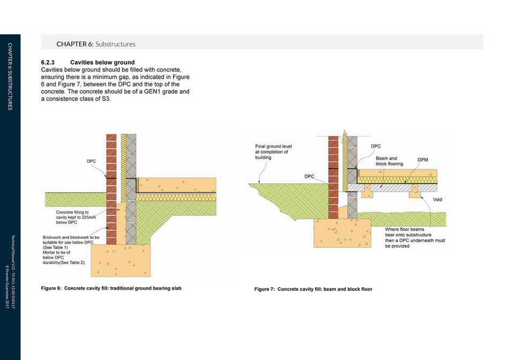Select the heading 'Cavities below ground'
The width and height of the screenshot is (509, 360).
pyautogui.click(x=102, y=63)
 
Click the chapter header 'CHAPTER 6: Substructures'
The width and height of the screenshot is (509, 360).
pyautogui.click(x=96, y=43)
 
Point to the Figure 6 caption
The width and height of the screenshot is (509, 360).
pyautogui.click(x=111, y=288)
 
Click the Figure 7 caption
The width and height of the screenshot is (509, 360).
pyautogui.click(x=313, y=289)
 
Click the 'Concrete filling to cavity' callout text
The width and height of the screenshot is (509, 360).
pyautogui.click(x=73, y=217)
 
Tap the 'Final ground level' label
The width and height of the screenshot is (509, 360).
pyautogui.click(x=273, y=152)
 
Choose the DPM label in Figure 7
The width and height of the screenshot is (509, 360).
pyautogui.click(x=423, y=160)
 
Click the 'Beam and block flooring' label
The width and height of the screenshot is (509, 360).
pyautogui.click(x=386, y=161)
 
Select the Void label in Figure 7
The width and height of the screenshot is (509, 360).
pyautogui.click(x=438, y=199)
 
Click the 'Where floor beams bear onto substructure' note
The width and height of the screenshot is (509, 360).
pyautogui.click(x=415, y=237)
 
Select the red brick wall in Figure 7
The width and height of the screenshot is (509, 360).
pyautogui.click(x=333, y=171)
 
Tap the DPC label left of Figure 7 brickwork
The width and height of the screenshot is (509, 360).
pyautogui.click(x=310, y=176)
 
